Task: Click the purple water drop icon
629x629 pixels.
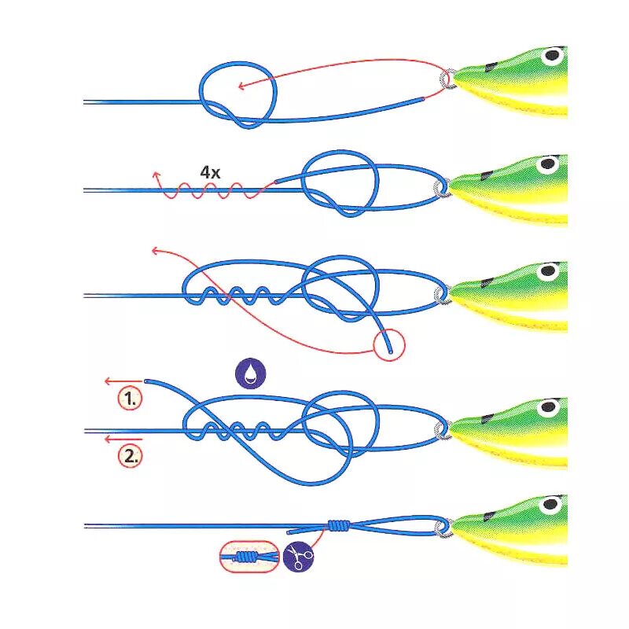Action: [x=250, y=374]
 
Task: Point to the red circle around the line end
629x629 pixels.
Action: [x=388, y=344]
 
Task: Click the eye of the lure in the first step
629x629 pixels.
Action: [x=554, y=56]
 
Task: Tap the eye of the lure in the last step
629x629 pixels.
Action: [x=551, y=504]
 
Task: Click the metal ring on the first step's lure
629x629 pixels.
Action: [x=449, y=79]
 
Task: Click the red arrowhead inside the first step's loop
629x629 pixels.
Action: [x=241, y=86]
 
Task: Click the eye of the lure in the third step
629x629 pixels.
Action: [x=547, y=272]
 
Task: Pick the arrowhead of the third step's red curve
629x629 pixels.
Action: [x=155, y=252]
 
